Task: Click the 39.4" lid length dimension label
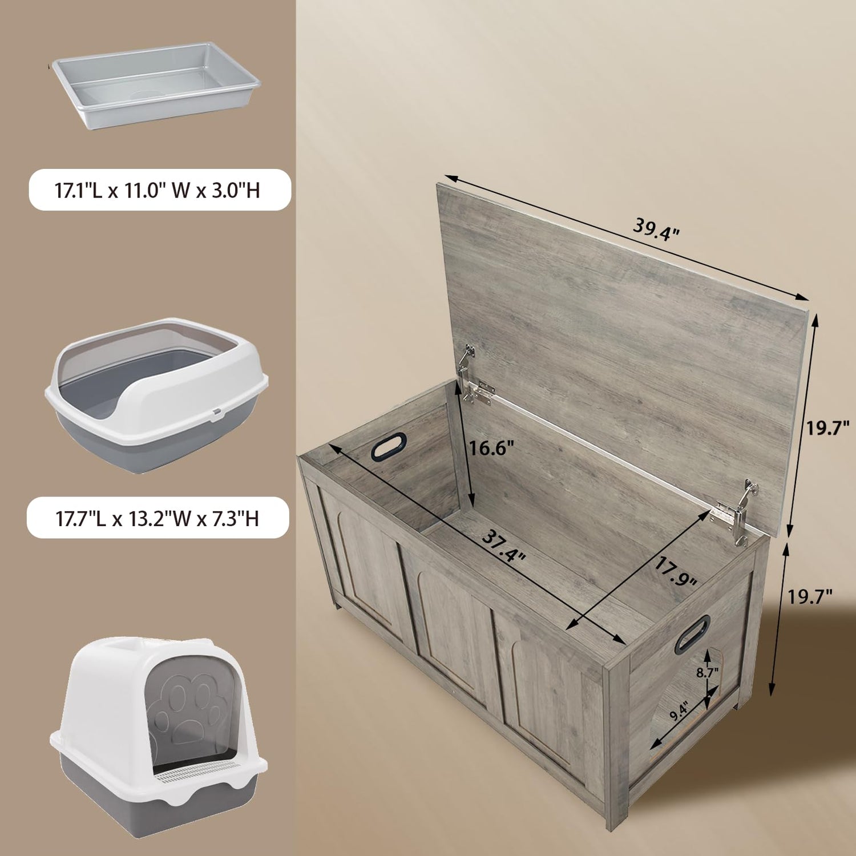coord(656,229)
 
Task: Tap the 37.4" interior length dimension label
coord(503,546)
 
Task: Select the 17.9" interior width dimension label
coord(675,572)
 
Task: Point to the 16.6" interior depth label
coord(491,448)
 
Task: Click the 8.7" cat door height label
coord(707,673)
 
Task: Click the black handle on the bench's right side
coord(692,634)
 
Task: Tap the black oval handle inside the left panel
coord(389,446)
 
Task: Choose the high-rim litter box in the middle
coord(156,395)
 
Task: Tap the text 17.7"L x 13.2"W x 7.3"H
coord(158,519)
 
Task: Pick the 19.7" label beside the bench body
coord(810,597)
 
